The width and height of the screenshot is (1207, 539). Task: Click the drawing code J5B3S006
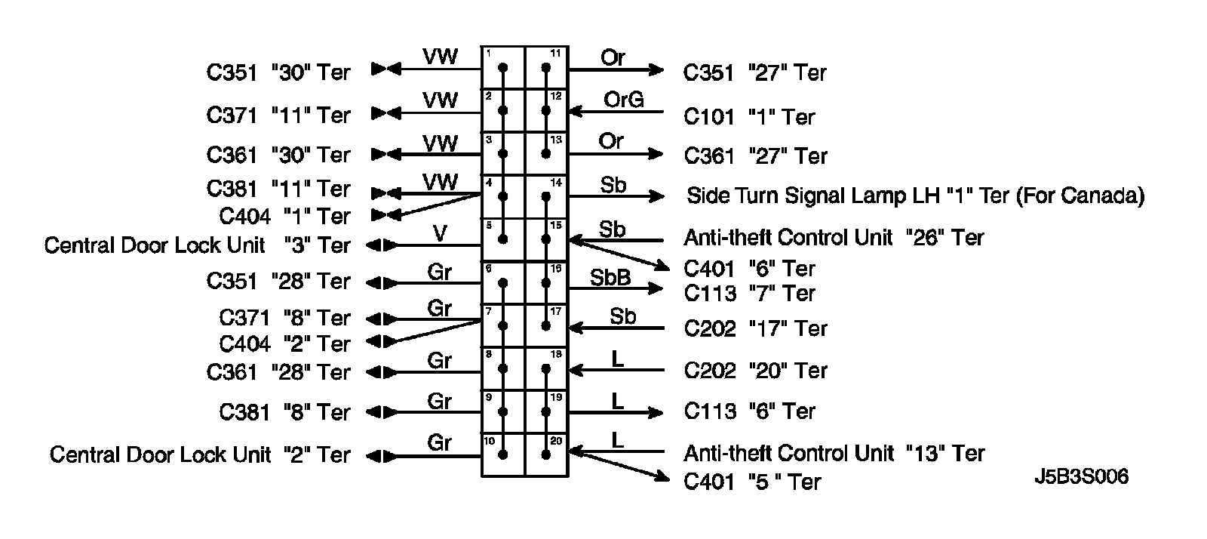1081,477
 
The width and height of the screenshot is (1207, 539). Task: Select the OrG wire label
623,99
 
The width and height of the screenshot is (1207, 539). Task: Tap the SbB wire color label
610,277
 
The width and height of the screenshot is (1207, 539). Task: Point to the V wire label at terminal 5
440,234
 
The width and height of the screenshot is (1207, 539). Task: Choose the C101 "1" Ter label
749,117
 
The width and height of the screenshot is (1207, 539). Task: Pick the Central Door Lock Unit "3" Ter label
197,245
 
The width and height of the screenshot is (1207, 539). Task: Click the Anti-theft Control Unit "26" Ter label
834,238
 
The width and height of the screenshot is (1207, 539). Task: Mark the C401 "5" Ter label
751,482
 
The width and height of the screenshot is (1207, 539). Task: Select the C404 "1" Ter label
284,216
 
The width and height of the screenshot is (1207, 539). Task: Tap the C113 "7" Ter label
749,293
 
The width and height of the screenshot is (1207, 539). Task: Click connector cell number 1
503,68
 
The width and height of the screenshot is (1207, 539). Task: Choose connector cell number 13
546,154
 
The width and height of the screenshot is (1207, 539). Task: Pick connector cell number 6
503,283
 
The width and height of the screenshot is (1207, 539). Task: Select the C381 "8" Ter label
284,412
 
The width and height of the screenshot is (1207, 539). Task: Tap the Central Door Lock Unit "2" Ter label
200,454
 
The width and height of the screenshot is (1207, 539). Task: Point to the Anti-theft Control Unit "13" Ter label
834,453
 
